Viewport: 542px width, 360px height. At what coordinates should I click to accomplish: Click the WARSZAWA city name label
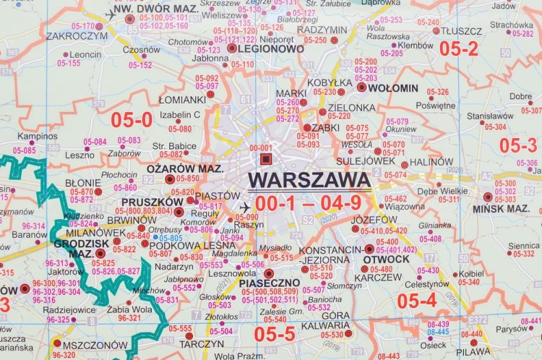pos(309,179)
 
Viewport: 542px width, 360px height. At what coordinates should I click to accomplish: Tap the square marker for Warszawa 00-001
pos(265,159)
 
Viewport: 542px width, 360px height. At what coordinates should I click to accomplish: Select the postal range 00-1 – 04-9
pos(308,203)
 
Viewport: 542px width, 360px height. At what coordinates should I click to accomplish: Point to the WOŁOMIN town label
pos(393,87)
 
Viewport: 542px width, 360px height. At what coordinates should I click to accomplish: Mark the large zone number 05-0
pos(136,120)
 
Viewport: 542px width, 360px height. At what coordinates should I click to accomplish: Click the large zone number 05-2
pos(460,48)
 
